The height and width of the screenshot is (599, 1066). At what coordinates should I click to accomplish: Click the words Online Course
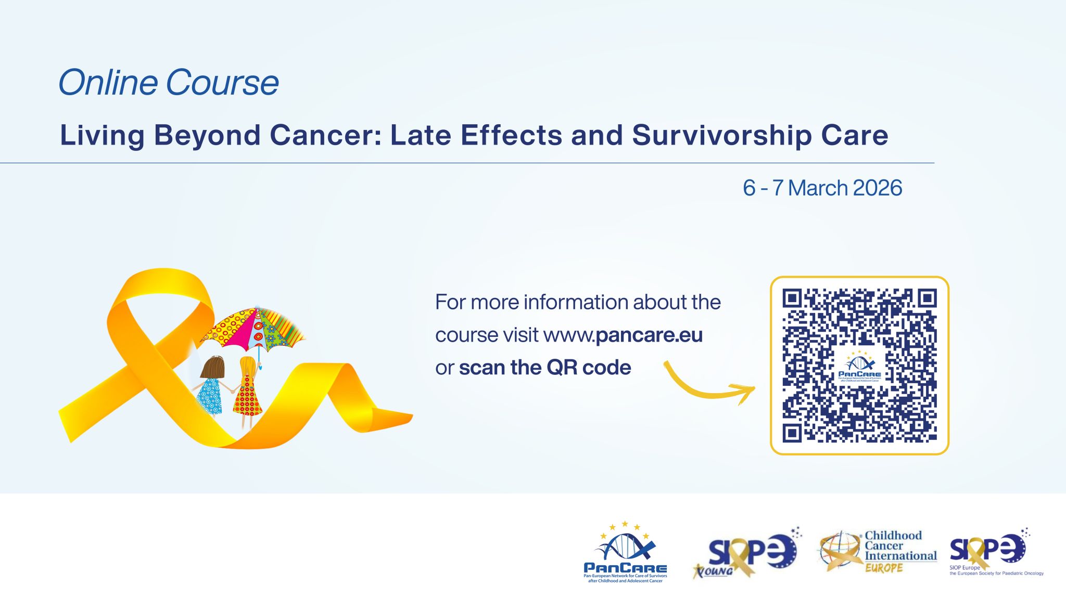[x=168, y=83]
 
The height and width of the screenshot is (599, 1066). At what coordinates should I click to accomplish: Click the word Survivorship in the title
[x=721, y=135]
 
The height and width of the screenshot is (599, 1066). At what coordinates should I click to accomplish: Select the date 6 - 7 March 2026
[x=822, y=188]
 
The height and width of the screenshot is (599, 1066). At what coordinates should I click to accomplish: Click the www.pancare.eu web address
[x=623, y=335]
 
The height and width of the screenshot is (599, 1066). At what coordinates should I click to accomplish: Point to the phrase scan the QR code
[x=544, y=368]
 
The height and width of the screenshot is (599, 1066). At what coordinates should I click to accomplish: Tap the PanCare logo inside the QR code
[x=859, y=367]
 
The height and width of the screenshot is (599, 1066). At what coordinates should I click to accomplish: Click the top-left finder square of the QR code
[x=792, y=298]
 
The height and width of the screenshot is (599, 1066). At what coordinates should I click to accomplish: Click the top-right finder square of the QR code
[x=927, y=298]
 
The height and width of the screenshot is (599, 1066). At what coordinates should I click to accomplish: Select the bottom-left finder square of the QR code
[x=792, y=433]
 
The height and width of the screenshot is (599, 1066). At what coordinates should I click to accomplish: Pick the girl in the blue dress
[x=210, y=387]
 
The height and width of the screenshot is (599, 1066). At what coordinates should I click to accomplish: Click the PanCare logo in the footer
[x=625, y=552]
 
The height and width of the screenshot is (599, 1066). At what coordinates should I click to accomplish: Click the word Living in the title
[x=102, y=135]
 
